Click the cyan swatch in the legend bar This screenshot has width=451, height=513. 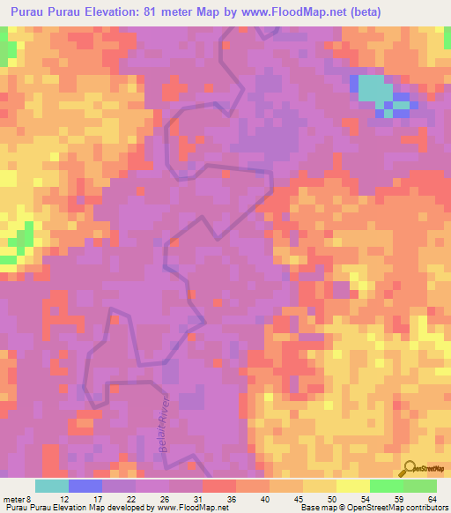coord(52,486)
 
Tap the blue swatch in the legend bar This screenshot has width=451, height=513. coord(85,486)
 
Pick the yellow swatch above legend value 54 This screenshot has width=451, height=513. coord(353,486)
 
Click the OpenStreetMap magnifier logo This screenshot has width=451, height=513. coord(410,469)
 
